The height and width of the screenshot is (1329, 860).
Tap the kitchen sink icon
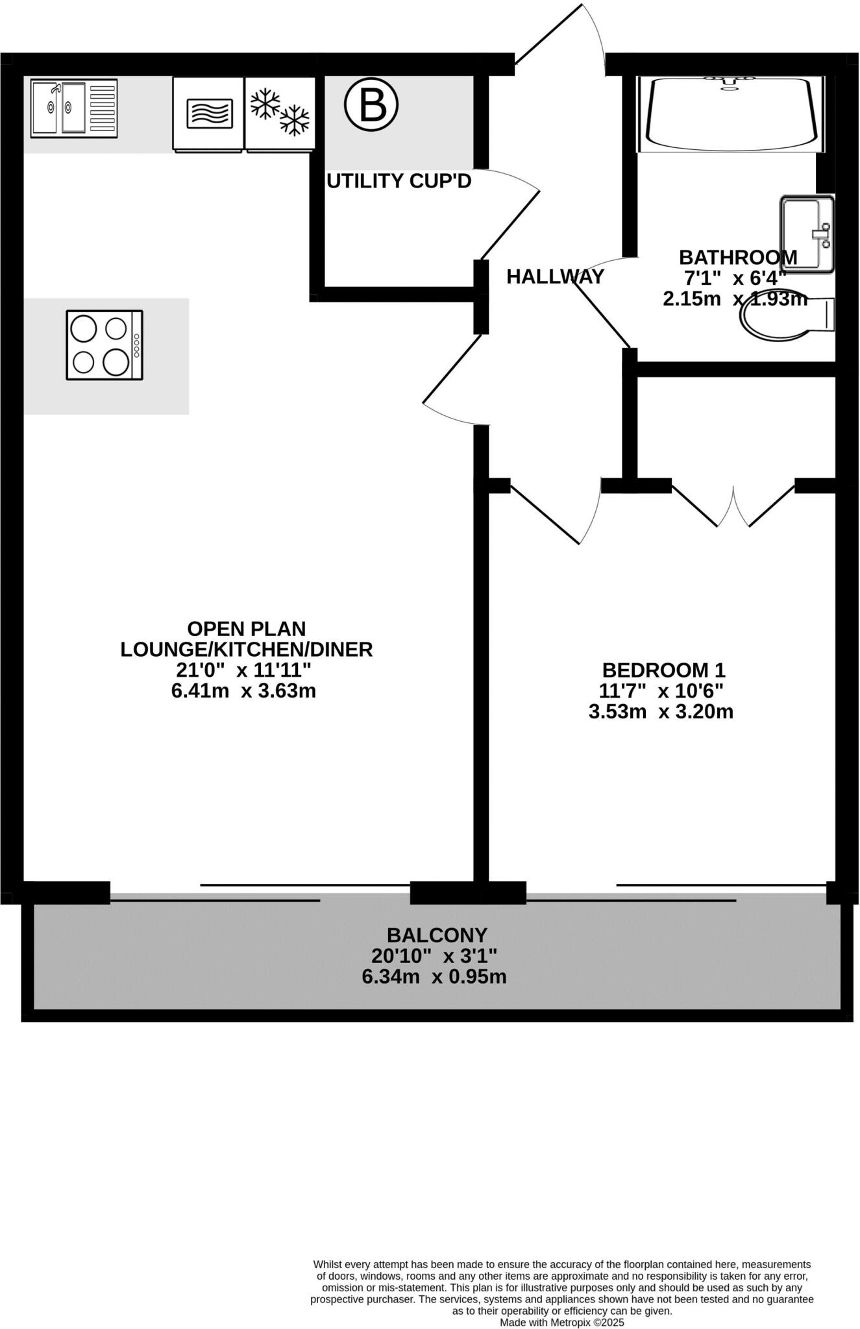(x=74, y=108)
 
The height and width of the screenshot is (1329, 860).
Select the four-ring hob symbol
(x=104, y=345)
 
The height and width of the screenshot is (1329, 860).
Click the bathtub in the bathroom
(x=730, y=114)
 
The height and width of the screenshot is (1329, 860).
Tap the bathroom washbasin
(x=807, y=234)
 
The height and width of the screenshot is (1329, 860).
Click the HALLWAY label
(x=555, y=277)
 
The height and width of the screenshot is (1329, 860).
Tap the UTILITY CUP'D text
(x=399, y=182)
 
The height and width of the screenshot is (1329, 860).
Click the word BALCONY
(x=437, y=935)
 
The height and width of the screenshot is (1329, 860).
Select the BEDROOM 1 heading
(x=663, y=670)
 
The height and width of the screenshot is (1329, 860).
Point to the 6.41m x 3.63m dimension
(x=243, y=691)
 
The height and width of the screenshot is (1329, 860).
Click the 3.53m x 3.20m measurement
(x=661, y=713)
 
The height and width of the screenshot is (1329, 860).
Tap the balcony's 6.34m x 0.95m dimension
(x=434, y=977)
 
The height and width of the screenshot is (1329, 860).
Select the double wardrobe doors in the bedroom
(x=733, y=506)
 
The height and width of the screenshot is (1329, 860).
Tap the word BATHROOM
(x=738, y=258)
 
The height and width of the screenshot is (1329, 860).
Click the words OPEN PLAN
(x=246, y=628)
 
